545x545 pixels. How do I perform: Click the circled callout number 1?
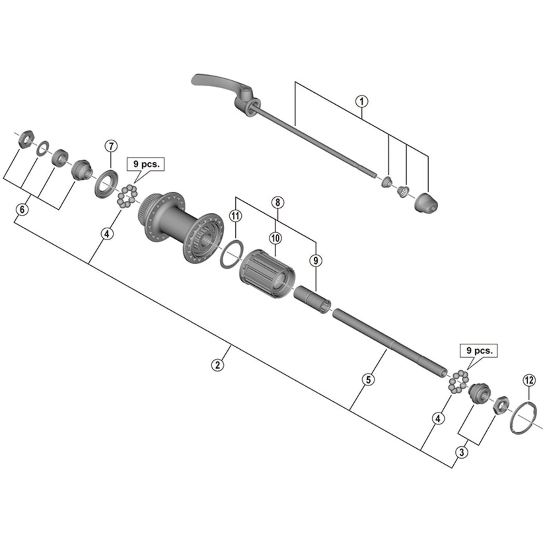click(362, 102)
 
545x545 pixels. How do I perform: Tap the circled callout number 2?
click(217, 365)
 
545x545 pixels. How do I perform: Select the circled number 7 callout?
click(111, 146)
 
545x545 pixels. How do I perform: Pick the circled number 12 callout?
click(529, 380)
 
